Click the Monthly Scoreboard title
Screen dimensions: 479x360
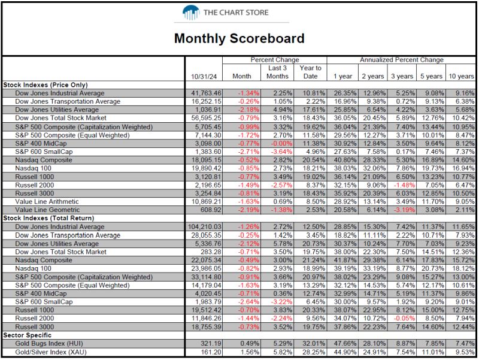[239, 38]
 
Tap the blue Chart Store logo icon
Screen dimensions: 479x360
[191, 13]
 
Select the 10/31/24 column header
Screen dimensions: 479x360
[204, 77]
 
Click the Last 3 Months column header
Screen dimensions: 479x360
[277, 72]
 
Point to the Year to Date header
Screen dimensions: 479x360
[310, 72]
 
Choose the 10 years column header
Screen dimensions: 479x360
[461, 77]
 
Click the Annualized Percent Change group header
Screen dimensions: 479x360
[401, 60]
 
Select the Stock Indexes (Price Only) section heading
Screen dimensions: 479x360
[46, 85]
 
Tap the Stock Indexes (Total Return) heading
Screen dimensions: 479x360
[48, 218]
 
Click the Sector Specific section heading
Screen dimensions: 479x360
[27, 335]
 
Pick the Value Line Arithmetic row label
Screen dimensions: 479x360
[47, 202]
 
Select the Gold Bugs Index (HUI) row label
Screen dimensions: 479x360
[49, 343]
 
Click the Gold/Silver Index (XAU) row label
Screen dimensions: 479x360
[51, 352]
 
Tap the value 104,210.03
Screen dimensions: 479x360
[204, 227]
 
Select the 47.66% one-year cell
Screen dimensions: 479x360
[345, 343]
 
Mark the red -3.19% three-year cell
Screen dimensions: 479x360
[404, 210]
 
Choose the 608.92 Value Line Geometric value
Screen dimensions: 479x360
[211, 210]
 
